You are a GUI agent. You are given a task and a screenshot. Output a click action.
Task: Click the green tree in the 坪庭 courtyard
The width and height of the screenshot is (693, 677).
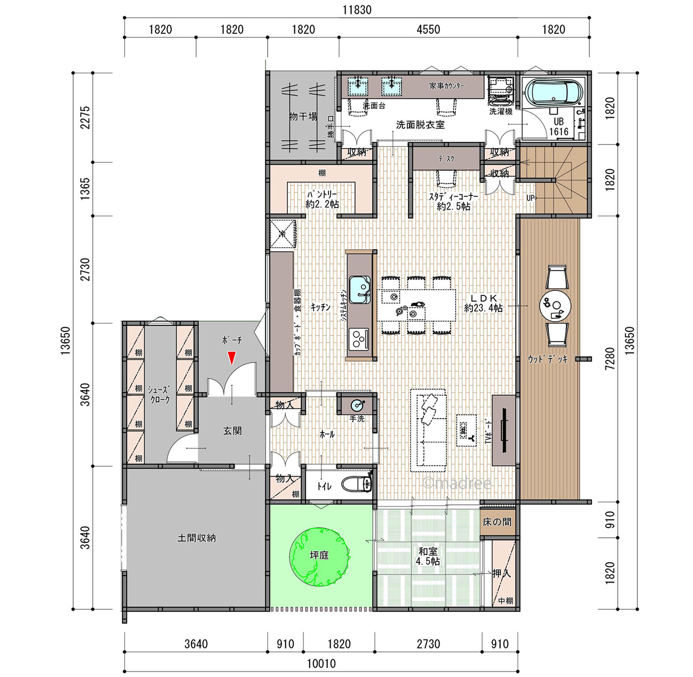coord(319,556)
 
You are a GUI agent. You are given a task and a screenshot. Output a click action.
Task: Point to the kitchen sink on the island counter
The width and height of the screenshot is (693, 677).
coord(360,290)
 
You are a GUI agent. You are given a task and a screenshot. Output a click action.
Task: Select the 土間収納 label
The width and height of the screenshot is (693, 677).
coord(197,538)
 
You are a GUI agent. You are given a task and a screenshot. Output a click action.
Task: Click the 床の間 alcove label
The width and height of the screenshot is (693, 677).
coord(497,521)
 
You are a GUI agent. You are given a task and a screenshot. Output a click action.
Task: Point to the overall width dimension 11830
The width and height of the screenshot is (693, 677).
coord(357,10)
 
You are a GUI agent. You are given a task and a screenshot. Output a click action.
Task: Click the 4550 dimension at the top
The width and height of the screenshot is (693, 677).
coord(428,29)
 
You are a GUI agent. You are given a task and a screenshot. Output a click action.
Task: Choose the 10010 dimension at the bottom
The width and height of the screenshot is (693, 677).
coord(321,663)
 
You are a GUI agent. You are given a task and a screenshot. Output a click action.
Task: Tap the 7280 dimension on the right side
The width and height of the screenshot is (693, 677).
coord(610,358)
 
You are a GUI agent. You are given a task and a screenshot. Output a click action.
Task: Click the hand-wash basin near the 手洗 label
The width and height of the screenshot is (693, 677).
coord(357,404)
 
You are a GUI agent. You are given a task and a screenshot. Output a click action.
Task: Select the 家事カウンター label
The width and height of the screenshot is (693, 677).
coord(446,86)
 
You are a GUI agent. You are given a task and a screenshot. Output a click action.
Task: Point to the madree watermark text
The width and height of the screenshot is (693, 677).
coord(457,483)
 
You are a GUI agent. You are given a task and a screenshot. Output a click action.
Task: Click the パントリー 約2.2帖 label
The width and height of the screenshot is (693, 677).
coord(322,199)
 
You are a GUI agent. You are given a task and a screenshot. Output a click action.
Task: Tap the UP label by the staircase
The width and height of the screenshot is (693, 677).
coord(531,198)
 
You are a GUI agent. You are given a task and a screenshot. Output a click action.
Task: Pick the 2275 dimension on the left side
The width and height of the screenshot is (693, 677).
coord(85,117)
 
